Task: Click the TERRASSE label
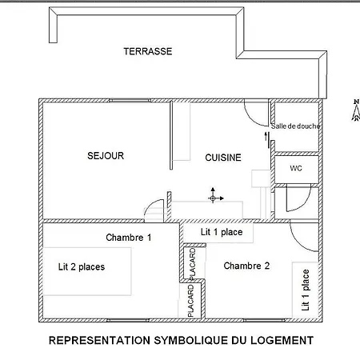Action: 148,51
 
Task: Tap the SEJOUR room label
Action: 106,156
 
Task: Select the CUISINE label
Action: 223,158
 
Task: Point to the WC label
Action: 296,168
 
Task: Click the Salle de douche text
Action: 295,126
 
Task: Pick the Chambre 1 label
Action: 129,238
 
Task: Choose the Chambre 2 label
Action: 246,266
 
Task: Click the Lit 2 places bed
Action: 87,271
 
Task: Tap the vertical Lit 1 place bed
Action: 306,290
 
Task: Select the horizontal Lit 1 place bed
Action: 218,233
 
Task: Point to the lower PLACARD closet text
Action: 190,301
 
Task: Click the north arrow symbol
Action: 356,110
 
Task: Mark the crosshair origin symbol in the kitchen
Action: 213,198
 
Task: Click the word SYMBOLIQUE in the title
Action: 191,341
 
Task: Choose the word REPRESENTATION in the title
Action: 99,341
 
